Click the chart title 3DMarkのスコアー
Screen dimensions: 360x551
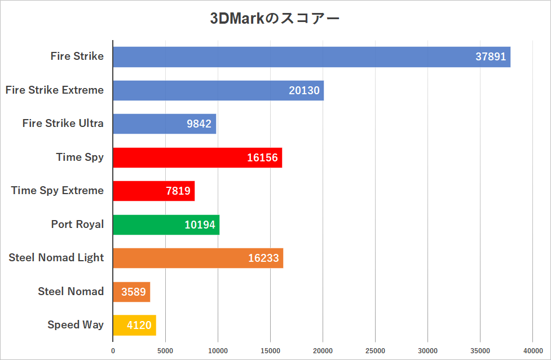pyautogui.click(x=275, y=19)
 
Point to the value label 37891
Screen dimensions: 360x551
pyautogui.click(x=491, y=57)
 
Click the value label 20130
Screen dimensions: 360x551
pyautogui.click(x=304, y=90)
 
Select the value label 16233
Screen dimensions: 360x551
pyautogui.click(x=263, y=258)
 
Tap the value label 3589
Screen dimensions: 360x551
pyautogui.click(x=133, y=292)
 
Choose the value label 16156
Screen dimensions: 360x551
pyautogui.click(x=262, y=157)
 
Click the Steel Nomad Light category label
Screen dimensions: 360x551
pyautogui.click(x=56, y=258)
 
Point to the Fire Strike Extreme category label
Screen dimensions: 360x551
pyautogui.click(x=55, y=90)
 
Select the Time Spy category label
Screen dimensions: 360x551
pyautogui.click(x=80, y=157)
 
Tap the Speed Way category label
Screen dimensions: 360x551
pyautogui.click(x=76, y=325)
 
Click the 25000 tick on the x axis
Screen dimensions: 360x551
pyautogui.click(x=375, y=351)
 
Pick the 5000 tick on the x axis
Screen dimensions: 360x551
pyautogui.click(x=165, y=351)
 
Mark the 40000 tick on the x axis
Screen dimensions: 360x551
pyautogui.click(x=532, y=351)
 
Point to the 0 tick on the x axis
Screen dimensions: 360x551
pyautogui.click(x=113, y=351)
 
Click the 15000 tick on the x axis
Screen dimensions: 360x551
pyautogui.click(x=270, y=351)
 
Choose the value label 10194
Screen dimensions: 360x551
pyautogui.click(x=200, y=225)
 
